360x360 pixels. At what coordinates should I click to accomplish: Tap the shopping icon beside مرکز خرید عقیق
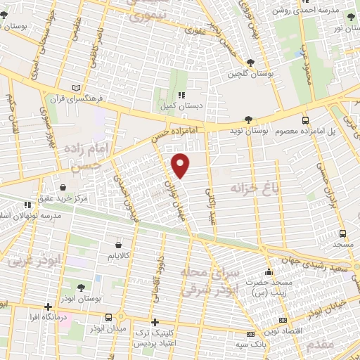64,188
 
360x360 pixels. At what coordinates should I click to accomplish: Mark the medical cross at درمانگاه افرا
48,307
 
